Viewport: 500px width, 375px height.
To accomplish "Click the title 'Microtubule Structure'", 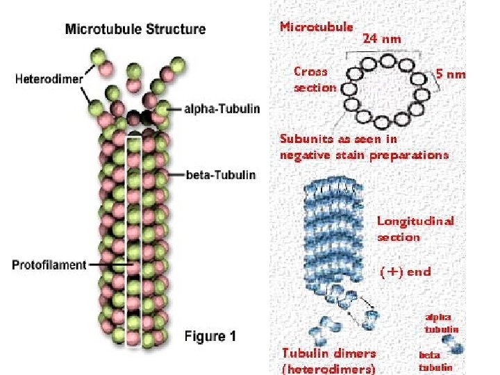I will click(135, 29).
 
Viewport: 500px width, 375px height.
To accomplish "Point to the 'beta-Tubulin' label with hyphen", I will click(221, 174).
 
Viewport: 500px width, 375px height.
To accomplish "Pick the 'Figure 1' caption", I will click(210, 337).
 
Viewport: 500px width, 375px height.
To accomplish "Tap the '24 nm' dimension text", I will click(381, 39).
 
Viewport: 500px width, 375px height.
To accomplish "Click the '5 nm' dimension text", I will click(451, 74).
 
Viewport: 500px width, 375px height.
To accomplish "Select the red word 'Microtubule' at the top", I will click(316, 27).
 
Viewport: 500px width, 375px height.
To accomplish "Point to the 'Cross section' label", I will click(315, 79).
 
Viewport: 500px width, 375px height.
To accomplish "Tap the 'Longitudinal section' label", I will click(415, 228).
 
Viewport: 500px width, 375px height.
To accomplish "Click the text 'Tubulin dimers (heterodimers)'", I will click(328, 360).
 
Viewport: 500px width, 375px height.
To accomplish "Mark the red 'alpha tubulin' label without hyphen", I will click(442, 323).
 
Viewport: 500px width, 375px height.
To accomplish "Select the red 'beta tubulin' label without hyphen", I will click(435, 360).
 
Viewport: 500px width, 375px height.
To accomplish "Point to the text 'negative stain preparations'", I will click(364, 155).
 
